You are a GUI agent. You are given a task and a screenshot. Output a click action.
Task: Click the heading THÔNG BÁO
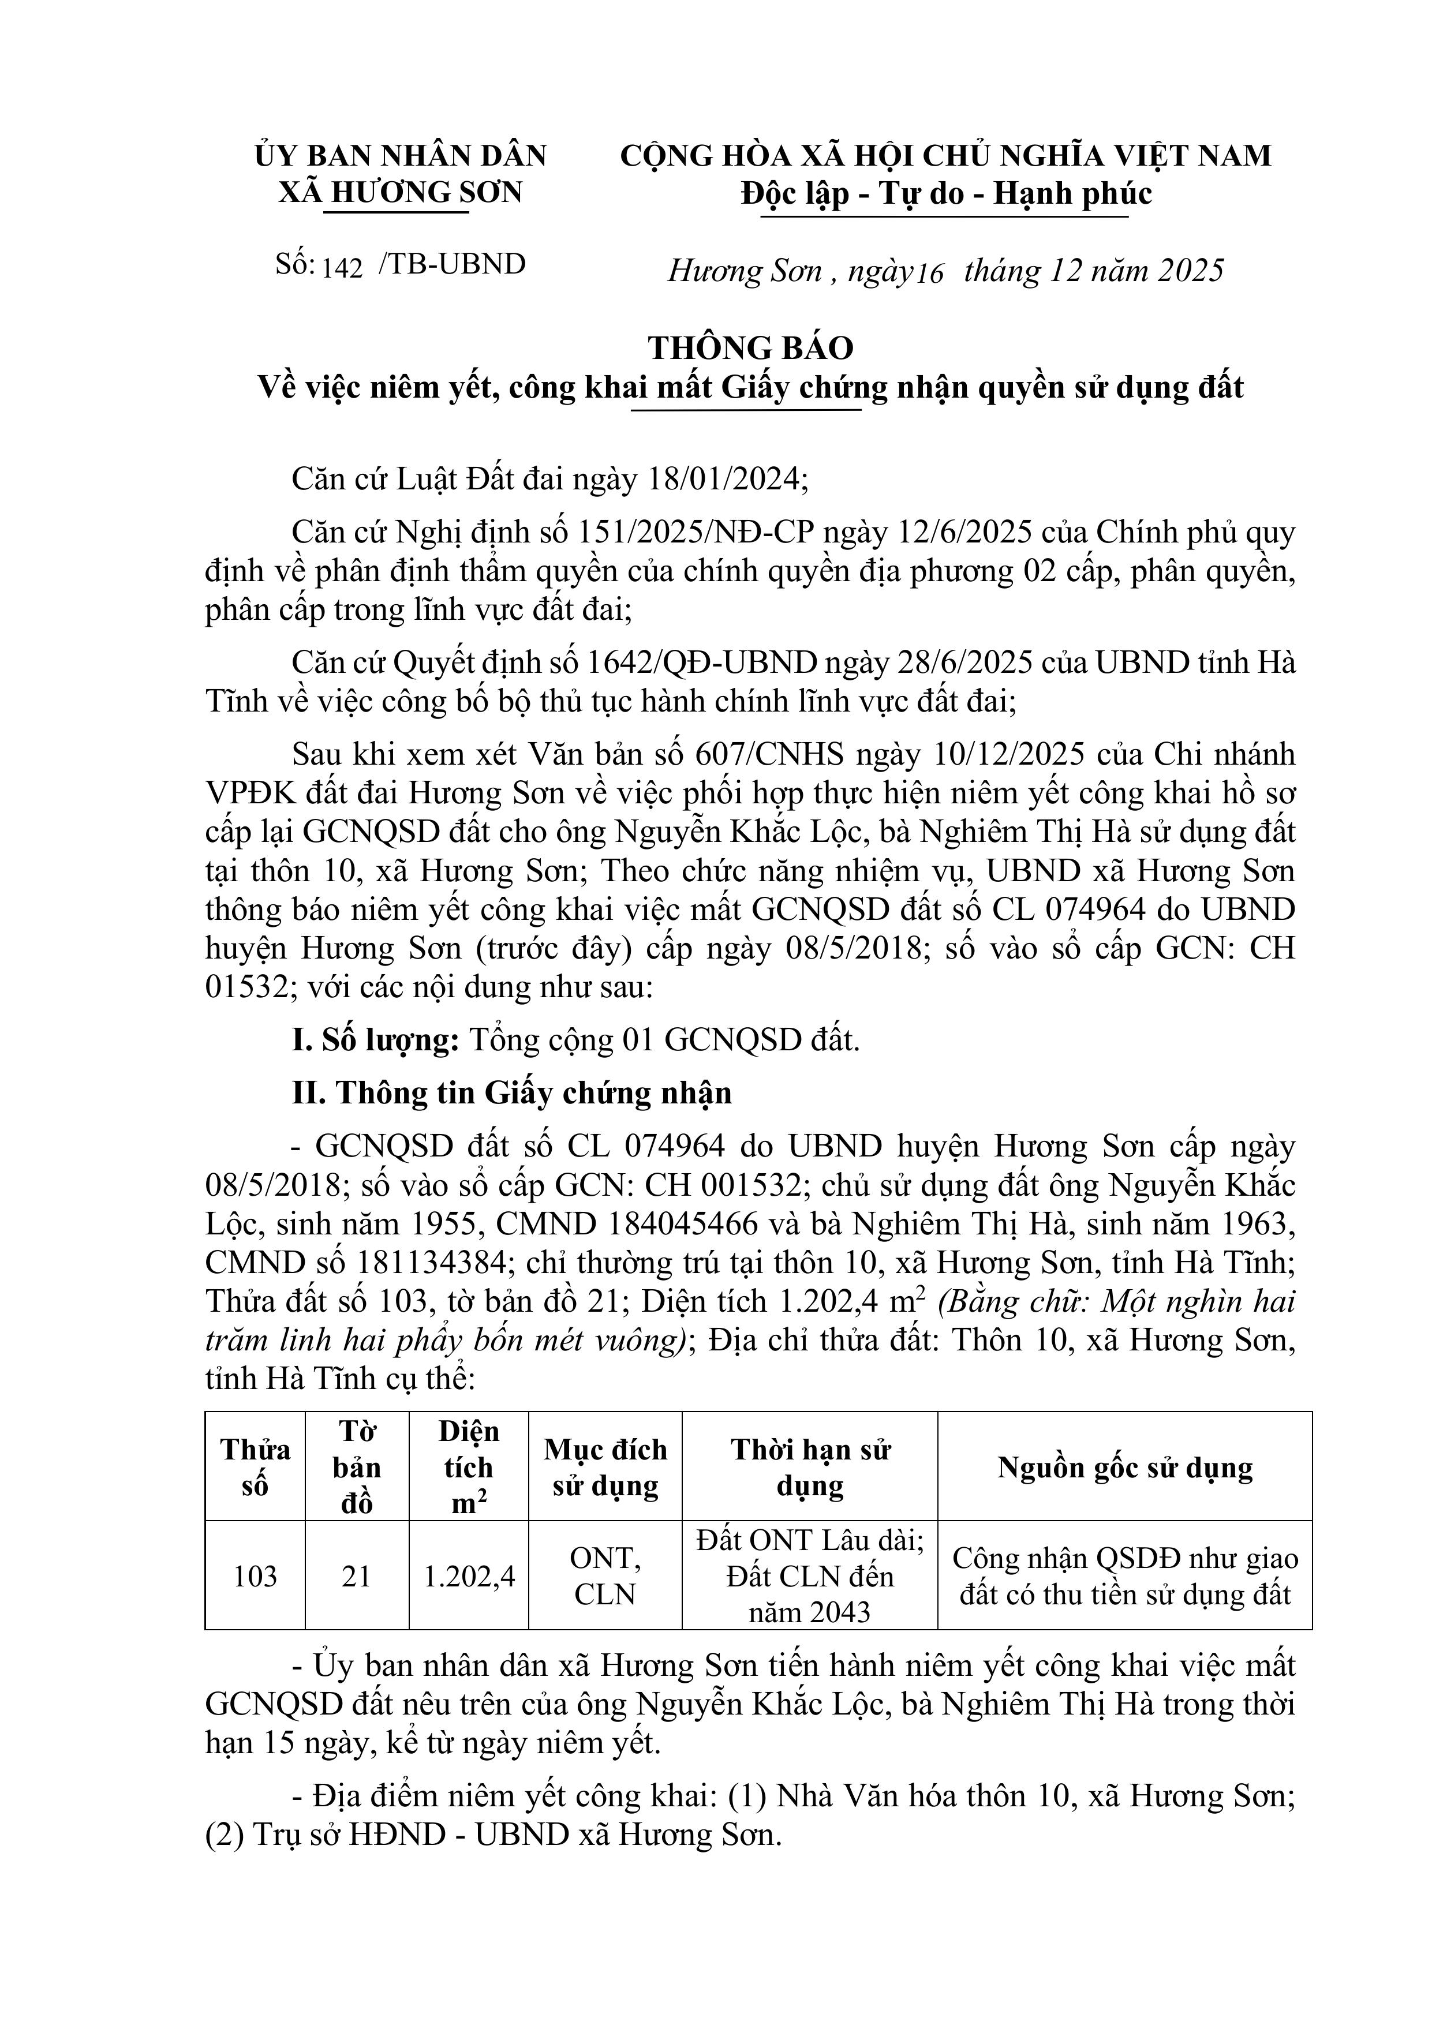751,349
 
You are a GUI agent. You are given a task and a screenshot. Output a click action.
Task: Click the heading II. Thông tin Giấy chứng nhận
512,1093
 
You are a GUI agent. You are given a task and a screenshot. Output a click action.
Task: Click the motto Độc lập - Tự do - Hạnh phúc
946,193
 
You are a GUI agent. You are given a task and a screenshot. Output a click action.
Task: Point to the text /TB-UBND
452,264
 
